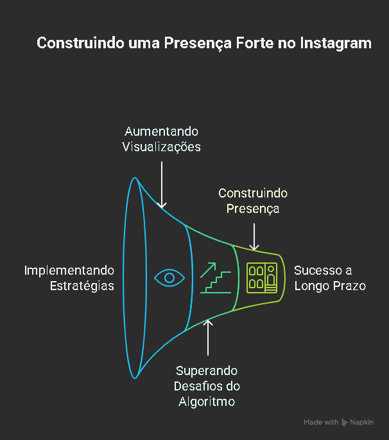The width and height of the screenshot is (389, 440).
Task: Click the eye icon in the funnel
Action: pyautogui.click(x=169, y=278)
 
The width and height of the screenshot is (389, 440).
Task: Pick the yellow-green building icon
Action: pyautogui.click(x=261, y=277)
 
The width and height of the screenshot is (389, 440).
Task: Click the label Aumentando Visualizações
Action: pyautogui.click(x=162, y=139)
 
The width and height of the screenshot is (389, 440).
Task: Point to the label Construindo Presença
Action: pyautogui.click(x=253, y=201)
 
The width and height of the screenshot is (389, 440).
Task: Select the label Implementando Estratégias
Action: pyautogui.click(x=69, y=278)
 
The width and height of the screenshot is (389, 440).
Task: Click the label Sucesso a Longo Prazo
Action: pyautogui.click(x=330, y=278)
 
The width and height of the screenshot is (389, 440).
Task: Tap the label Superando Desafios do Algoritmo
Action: pyautogui.click(x=207, y=387)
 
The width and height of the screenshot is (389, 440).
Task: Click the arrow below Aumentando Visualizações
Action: pyautogui.click(x=162, y=183)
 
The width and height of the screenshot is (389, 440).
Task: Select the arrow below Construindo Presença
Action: pyautogui.click(x=254, y=236)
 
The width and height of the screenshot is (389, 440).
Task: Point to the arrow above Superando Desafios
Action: pyautogui.click(x=207, y=337)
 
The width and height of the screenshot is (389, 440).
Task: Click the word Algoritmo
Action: pyautogui.click(x=207, y=402)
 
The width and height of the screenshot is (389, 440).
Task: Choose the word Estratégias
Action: pyautogui.click(x=82, y=286)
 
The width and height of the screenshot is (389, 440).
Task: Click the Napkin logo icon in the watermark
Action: pyautogui.click(x=345, y=423)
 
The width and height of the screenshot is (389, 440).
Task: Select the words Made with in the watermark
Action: pyautogui.click(x=321, y=423)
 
